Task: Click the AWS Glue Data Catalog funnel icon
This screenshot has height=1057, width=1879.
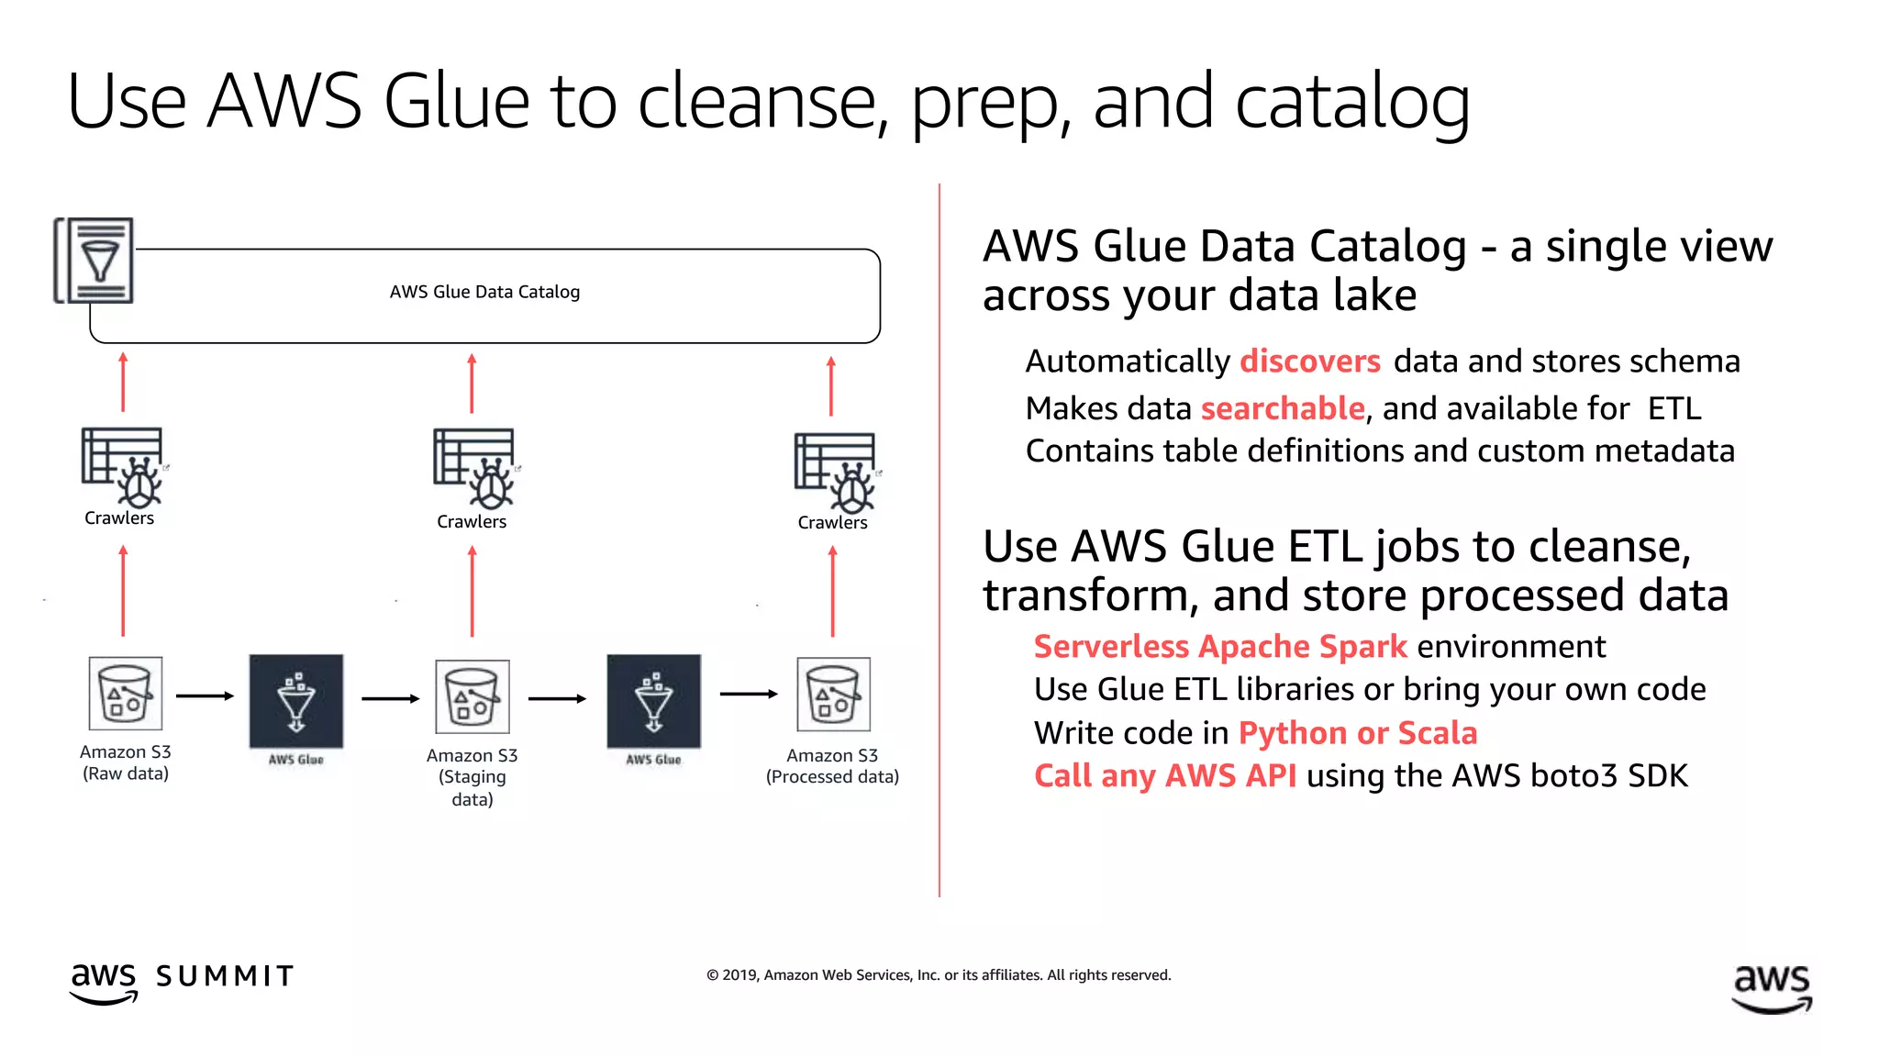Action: point(95,261)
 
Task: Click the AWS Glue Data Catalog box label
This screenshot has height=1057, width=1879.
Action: point(484,292)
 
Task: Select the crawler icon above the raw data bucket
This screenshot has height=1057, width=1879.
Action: point(123,466)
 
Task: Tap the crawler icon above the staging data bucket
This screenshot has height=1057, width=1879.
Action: point(475,468)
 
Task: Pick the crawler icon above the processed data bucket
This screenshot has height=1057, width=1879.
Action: point(836,473)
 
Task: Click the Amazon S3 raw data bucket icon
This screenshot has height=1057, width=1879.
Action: point(126,694)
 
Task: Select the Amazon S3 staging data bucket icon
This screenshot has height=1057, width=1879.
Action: point(473,696)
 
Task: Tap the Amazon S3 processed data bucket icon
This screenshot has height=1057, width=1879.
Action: point(833,694)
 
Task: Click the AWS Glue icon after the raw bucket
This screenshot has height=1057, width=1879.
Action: point(296,702)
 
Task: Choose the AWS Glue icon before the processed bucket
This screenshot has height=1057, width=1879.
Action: point(653,702)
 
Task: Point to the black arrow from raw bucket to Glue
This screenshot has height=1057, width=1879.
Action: point(205,695)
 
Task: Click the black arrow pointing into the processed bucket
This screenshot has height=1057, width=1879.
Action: point(748,694)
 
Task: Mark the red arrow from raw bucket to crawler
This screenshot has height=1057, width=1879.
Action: point(123,592)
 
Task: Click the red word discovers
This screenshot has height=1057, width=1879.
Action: point(1309,362)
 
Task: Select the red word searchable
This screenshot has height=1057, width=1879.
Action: point(1283,408)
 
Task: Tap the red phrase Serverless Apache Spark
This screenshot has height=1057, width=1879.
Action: point(1219,647)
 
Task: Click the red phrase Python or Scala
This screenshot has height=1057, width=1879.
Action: point(1357,733)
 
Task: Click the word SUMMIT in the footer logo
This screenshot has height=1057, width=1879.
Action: point(225,976)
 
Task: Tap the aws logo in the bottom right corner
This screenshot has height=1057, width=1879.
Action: point(1772,987)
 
